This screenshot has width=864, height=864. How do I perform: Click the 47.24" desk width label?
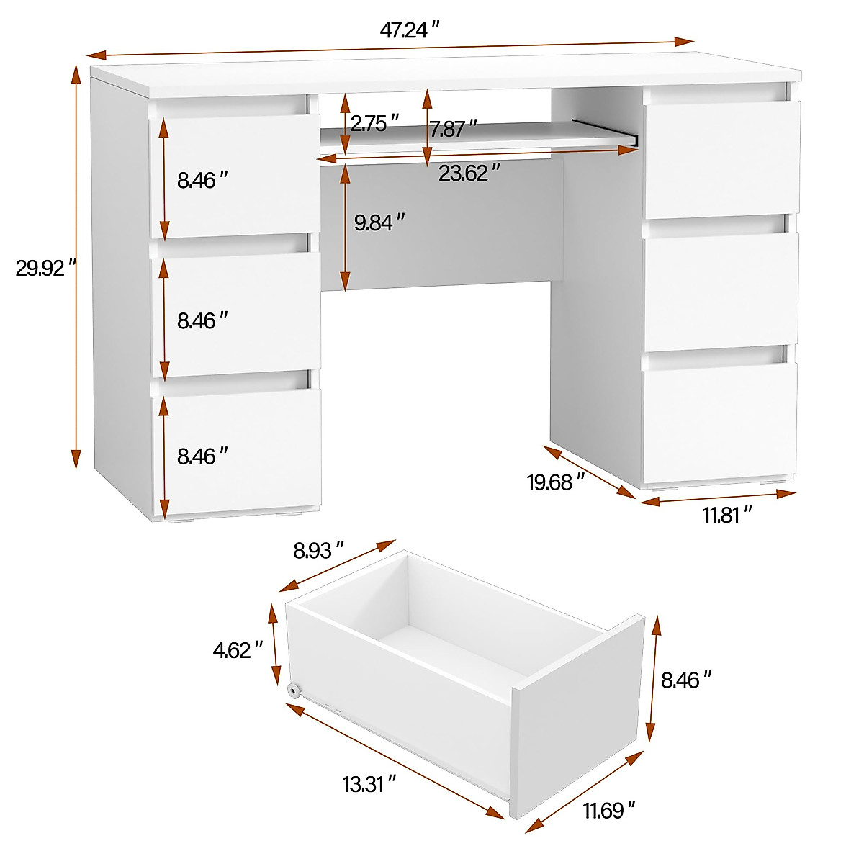[x=410, y=30]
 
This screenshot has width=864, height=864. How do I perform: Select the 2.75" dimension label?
[x=374, y=123]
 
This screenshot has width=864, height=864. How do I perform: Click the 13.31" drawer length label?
[x=369, y=783]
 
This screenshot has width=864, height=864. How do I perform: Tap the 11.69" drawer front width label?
[x=609, y=812]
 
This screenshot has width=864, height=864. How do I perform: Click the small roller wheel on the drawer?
[x=294, y=690]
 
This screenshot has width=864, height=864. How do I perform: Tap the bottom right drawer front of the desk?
[x=720, y=422]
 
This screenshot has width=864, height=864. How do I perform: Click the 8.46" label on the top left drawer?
[x=202, y=180]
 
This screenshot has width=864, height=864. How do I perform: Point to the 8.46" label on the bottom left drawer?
[x=202, y=456]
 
